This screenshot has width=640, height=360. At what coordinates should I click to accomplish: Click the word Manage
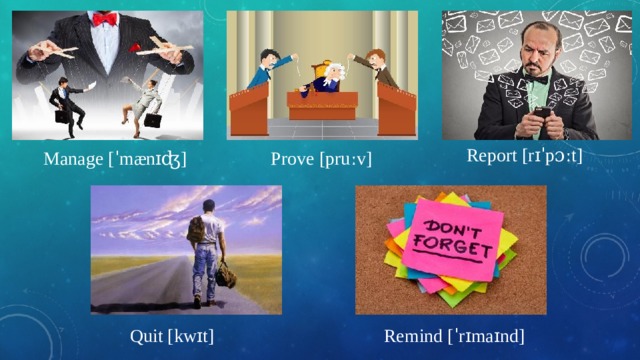click(x=72, y=160)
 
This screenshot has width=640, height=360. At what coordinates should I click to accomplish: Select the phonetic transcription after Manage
click(x=148, y=160)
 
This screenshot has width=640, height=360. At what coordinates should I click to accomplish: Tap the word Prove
click(x=292, y=160)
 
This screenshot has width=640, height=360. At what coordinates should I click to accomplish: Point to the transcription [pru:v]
click(x=345, y=160)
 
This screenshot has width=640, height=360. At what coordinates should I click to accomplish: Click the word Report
click(x=491, y=156)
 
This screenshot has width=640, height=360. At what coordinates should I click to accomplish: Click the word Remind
click(x=410, y=336)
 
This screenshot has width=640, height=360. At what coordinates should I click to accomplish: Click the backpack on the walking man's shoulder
click(x=197, y=229)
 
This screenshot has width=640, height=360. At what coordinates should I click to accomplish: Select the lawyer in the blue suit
click(x=262, y=70)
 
